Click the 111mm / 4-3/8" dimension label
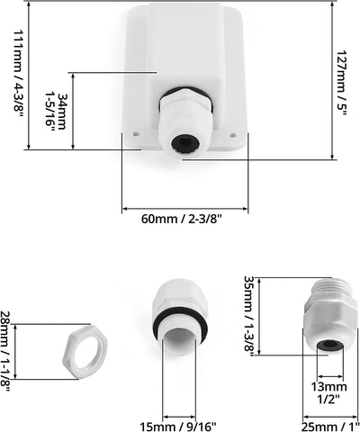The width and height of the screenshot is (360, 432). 18,75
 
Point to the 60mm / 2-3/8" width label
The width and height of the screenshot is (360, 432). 182,219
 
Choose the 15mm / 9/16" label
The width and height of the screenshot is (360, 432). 178,427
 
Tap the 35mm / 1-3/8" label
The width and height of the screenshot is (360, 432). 249,316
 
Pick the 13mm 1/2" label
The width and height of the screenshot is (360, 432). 328,392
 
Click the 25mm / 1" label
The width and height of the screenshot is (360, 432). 330,427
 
